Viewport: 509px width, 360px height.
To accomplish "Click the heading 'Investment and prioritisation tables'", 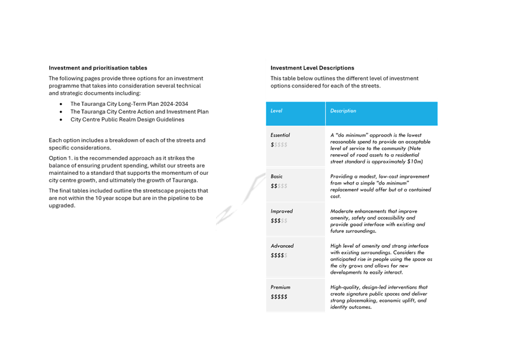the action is click(98, 68).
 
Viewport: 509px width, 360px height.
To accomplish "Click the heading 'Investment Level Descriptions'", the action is click(312, 68).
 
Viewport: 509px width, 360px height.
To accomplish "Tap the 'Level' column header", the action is click(276, 110).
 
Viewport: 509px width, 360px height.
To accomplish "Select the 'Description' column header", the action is click(343, 110).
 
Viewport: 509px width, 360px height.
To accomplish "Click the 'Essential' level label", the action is click(280, 135).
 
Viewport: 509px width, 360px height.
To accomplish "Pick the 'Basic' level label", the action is click(277, 177).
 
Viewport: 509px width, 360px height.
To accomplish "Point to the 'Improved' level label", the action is click(281, 211).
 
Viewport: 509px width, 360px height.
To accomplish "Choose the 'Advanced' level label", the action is click(282, 246).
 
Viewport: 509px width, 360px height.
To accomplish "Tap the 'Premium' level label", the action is click(281, 288).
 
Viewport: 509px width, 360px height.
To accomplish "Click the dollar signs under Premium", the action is click(279, 297).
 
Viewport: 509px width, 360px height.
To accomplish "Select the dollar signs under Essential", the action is click(279, 145).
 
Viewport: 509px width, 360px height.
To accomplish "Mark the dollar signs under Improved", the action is click(279, 221).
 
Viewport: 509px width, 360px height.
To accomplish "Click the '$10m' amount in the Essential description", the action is click(415, 162).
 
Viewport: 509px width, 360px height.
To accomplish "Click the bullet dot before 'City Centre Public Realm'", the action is click(61, 120).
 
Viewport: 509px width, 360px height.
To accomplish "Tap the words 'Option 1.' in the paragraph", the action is click(61, 158).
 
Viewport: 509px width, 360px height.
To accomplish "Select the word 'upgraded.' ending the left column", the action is click(62, 206).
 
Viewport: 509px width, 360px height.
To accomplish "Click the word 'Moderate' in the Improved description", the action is click(342, 211).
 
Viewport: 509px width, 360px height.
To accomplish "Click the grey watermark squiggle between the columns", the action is click(240, 199).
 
